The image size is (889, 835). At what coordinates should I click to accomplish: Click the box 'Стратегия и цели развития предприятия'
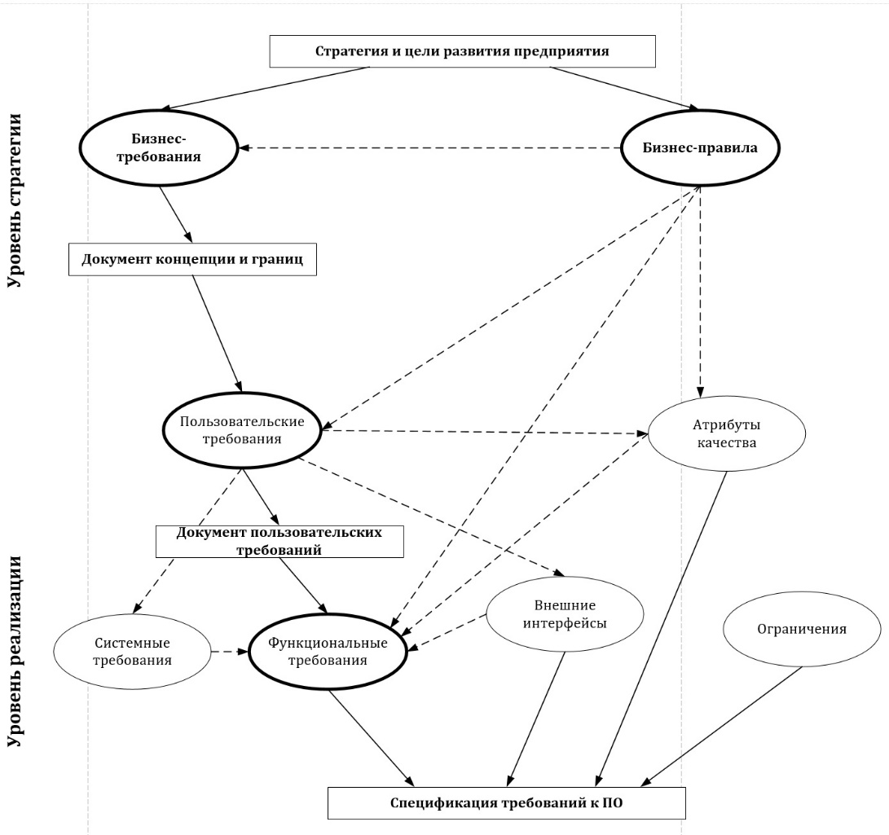click(462, 52)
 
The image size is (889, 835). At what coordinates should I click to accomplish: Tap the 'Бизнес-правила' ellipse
click(701, 147)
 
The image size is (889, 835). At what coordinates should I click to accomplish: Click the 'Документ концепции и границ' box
click(191, 261)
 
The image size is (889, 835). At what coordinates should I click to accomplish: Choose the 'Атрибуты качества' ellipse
click(727, 434)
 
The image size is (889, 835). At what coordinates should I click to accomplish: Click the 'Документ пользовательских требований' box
click(280, 541)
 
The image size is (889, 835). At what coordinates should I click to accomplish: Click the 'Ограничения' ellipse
click(802, 629)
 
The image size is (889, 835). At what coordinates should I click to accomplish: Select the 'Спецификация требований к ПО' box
click(506, 802)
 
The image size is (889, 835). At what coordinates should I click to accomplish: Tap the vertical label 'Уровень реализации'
click(14, 652)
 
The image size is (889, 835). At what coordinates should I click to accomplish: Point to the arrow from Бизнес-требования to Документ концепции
click(175, 214)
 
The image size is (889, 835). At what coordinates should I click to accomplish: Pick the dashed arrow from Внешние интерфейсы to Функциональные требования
click(449, 632)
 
